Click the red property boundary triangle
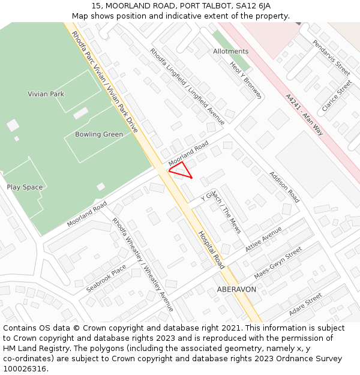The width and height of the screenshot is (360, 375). pos(181,170)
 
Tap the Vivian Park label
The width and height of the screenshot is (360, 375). pos(46,94)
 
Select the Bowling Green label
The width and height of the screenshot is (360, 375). pos(99,134)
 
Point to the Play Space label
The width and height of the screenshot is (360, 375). pos(25,187)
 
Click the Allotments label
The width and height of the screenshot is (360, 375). pos(230,52)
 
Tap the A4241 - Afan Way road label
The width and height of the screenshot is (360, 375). pos(304,115)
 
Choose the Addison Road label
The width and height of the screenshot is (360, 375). pos(284,187)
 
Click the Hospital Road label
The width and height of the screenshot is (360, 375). pos(211,249)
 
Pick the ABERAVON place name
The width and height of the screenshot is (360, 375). pos(236,289)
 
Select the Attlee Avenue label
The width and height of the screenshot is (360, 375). pos(264,239)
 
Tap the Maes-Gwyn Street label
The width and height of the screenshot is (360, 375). pos(277,264)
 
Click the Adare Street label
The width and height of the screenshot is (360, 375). pos(305,305)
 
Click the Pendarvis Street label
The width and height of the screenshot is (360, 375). pos(331,58)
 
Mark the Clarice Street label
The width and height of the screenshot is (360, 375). pos(336,96)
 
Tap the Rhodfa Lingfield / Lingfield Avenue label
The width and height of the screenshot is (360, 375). pos(187,86)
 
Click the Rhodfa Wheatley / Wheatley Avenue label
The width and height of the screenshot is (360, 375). pos(143,265)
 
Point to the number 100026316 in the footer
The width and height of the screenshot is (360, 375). pos(25,369)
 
